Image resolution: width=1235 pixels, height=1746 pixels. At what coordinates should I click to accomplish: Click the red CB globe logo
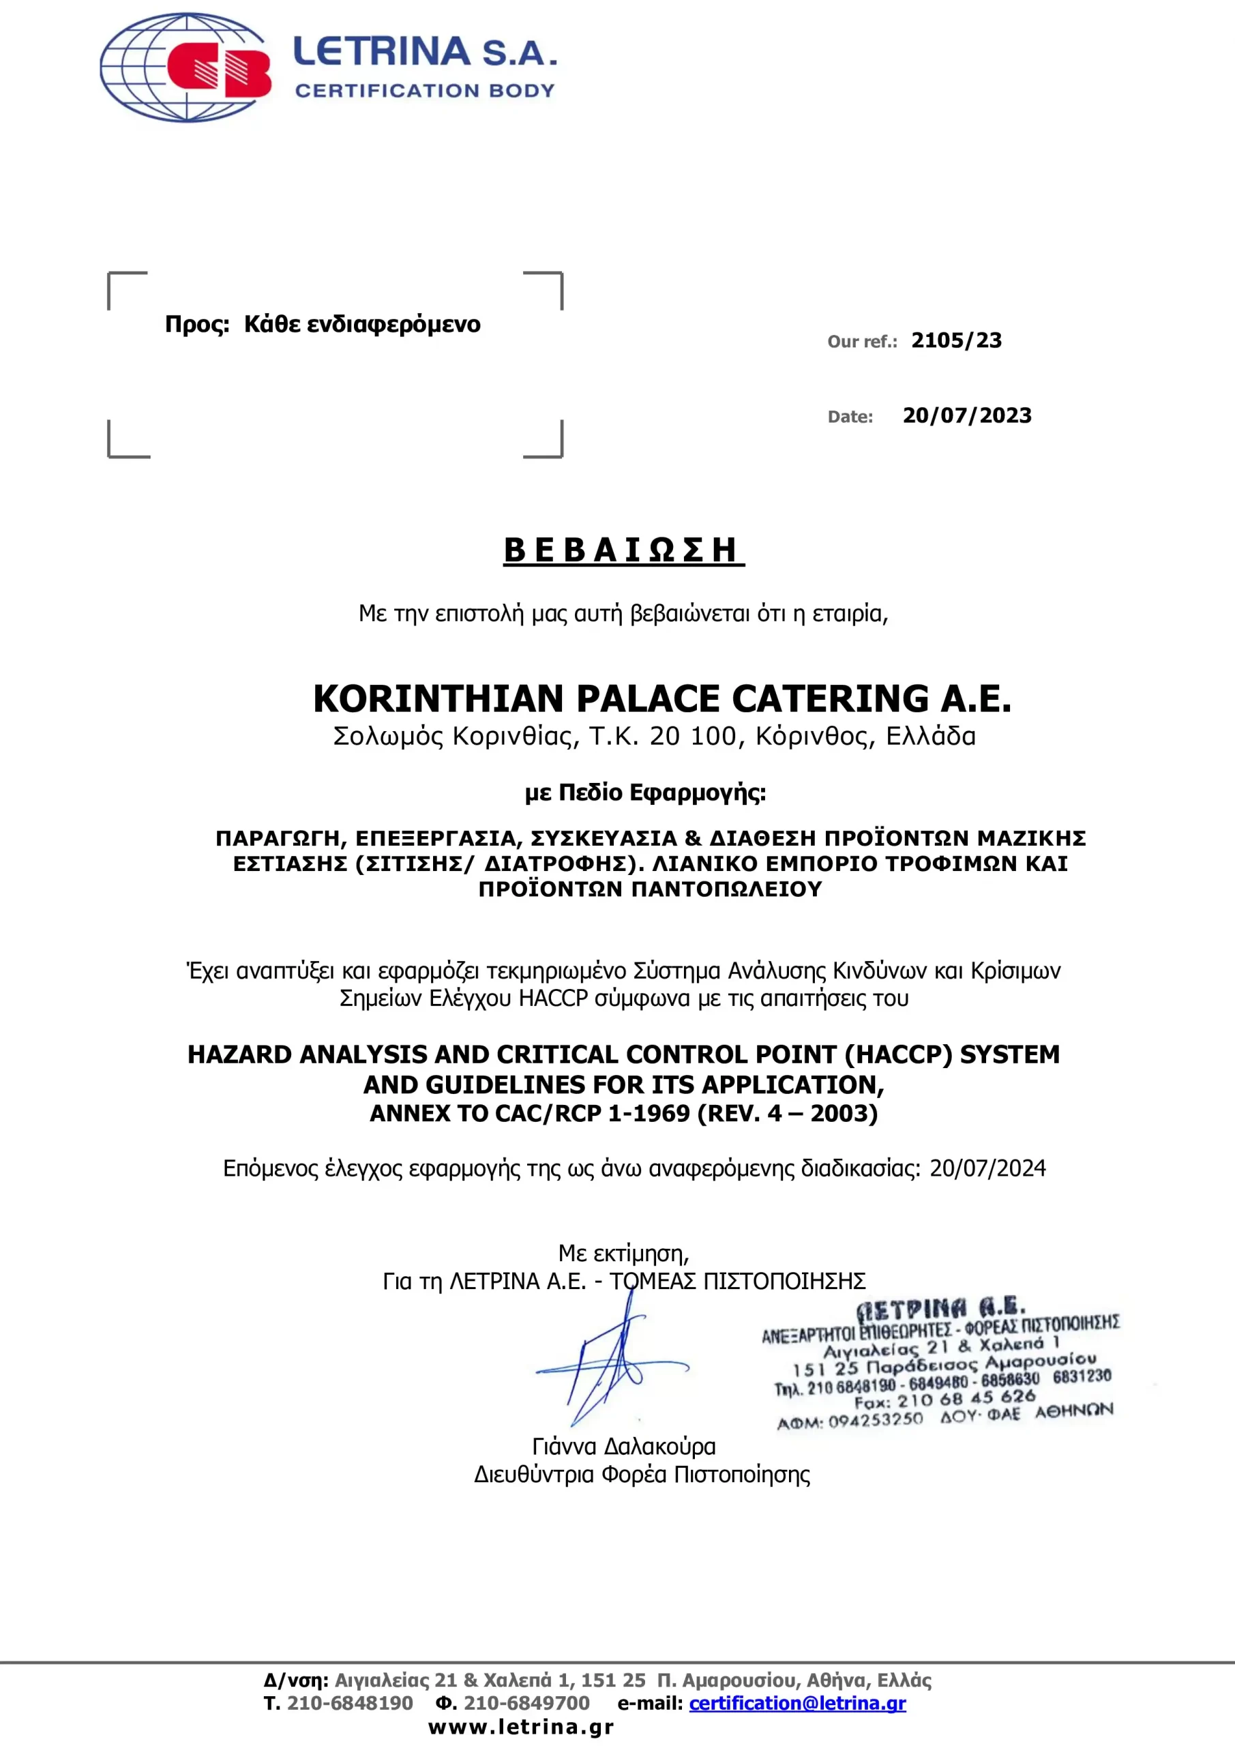click(186, 68)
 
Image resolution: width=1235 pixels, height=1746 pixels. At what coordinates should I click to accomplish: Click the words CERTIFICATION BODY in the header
click(424, 91)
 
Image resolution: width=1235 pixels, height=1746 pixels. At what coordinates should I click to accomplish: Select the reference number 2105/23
click(956, 341)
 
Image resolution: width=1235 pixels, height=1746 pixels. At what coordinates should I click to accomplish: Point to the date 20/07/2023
click(966, 416)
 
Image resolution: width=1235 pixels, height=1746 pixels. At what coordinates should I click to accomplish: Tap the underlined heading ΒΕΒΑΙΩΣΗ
click(623, 550)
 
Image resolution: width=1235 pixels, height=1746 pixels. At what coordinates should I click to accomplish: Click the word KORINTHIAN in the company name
click(437, 699)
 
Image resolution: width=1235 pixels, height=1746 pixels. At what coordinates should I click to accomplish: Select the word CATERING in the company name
click(831, 699)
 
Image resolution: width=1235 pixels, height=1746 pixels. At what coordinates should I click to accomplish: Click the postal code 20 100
click(693, 736)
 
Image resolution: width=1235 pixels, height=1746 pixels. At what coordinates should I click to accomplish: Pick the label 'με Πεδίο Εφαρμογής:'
click(645, 793)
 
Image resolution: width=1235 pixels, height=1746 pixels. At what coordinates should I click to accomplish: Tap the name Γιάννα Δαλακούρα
click(623, 1447)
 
